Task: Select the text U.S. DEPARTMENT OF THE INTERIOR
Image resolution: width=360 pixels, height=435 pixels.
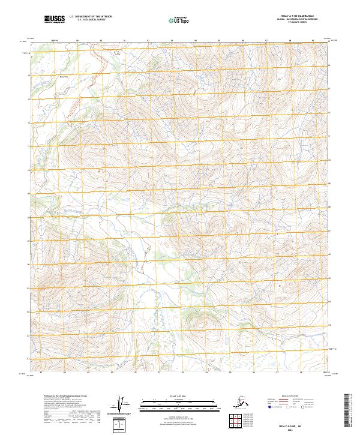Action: coord(90,17)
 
